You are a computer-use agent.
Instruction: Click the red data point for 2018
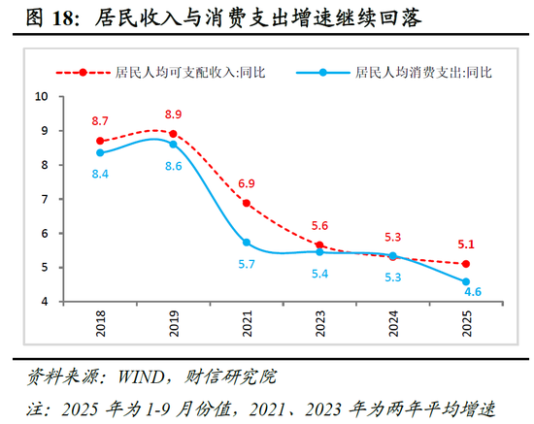tap(100, 141)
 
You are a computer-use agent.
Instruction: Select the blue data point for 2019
tap(173, 144)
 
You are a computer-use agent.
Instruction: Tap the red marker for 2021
tap(247, 203)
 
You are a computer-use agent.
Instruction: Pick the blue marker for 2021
tap(247, 243)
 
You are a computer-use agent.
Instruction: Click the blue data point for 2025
tap(466, 281)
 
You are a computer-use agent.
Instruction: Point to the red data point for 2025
tap(466, 264)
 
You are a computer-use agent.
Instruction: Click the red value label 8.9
tap(174, 114)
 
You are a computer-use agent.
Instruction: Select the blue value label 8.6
tap(174, 167)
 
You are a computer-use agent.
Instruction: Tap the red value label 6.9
tap(248, 183)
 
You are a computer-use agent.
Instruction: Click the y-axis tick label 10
tap(44, 96)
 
